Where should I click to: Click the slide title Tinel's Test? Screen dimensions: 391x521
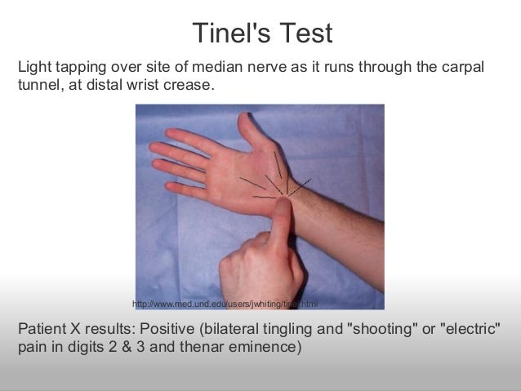pos(262,33)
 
